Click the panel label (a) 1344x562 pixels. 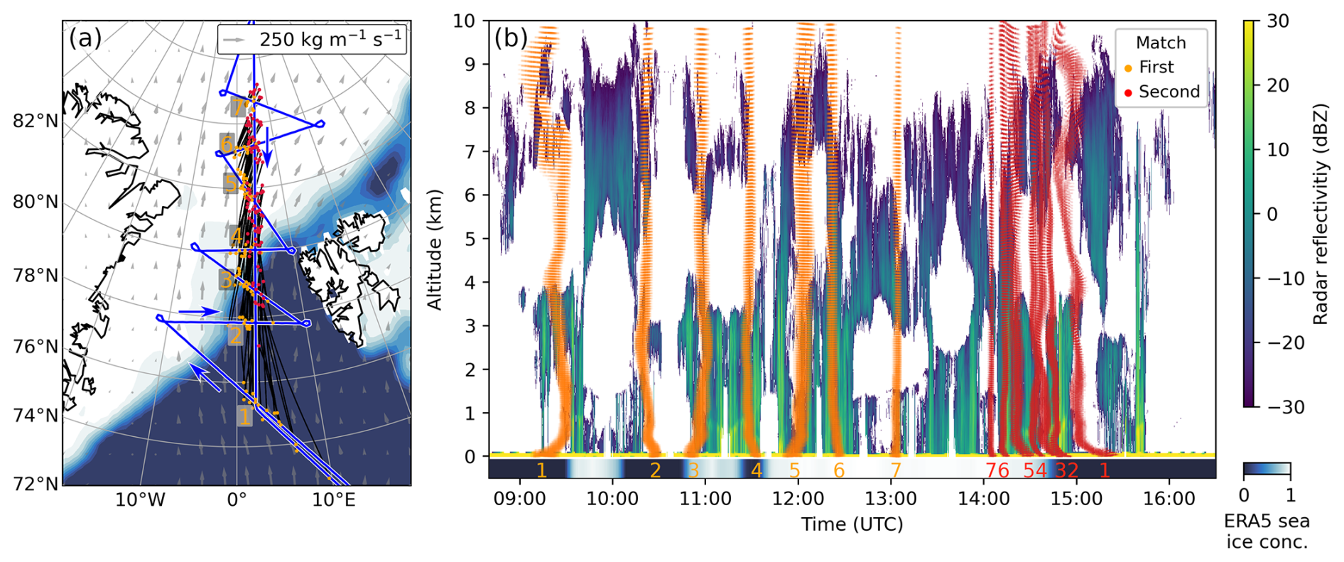(85, 38)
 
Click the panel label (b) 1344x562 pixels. (511, 38)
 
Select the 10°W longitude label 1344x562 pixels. (140, 499)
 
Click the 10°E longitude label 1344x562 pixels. (334, 499)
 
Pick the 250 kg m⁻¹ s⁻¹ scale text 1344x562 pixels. (330, 38)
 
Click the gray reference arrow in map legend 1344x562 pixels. (235, 40)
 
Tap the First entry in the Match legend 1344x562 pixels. (1156, 67)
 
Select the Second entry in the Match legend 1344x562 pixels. (1169, 92)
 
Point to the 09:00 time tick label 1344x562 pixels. (520, 498)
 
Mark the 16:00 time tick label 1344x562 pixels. (1169, 498)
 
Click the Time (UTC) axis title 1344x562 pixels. (852, 524)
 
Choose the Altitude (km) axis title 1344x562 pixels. (434, 249)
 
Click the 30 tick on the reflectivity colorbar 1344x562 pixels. (1277, 21)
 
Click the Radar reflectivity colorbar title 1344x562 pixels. (1320, 213)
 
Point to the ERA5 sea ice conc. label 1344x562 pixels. (1267, 531)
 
